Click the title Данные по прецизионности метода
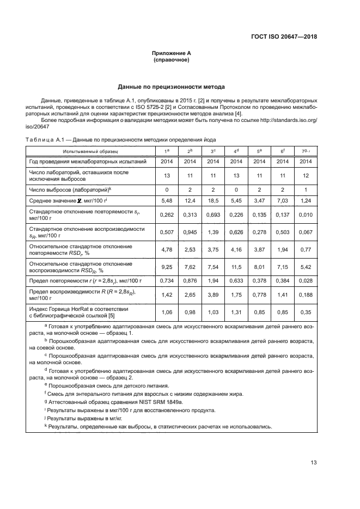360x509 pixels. coord(172,87)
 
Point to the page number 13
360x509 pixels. coord(314,463)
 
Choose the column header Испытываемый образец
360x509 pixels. coord(90,150)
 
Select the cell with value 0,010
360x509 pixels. coord(306,215)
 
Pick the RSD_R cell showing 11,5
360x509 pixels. coord(236,268)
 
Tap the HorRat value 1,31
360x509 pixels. coord(236,313)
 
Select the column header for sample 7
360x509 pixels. coord(306,150)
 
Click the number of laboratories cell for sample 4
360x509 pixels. coord(236,175)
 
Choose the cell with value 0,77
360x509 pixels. coord(306,251)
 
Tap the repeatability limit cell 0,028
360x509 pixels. coord(306,281)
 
